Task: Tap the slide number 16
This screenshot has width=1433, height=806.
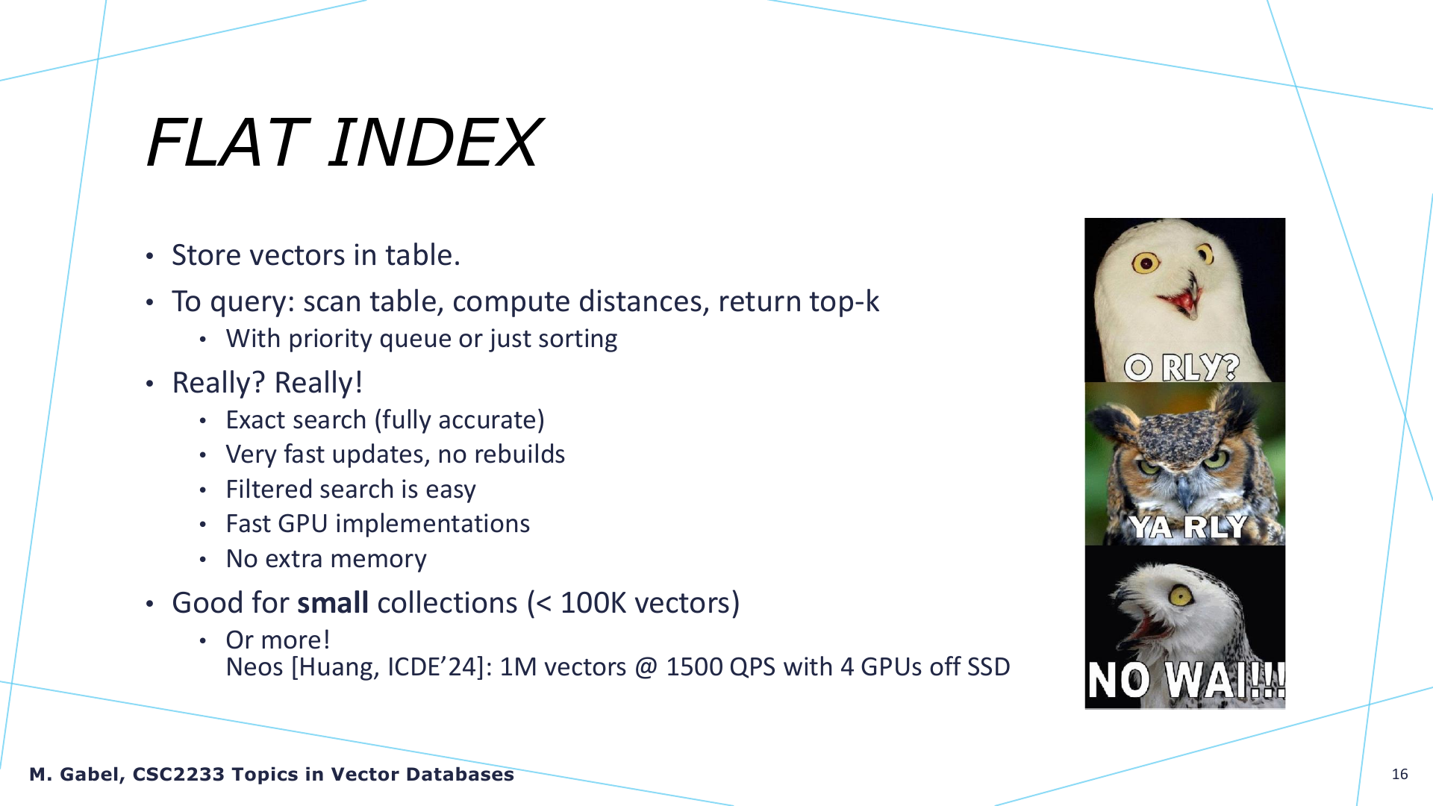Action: pos(1399,775)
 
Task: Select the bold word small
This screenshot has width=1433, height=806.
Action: pos(333,603)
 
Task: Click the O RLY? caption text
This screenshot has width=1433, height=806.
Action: pos(1181,367)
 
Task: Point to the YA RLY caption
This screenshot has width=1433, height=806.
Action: pos(1187,527)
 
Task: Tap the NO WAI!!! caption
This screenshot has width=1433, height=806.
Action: pos(1186,681)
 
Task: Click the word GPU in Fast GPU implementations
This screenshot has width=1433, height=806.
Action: pos(302,524)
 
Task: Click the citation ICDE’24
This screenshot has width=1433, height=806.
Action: pos(432,667)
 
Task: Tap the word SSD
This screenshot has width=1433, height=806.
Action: pos(988,667)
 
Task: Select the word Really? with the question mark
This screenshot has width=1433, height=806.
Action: pos(219,383)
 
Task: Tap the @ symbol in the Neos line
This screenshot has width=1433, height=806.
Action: pos(646,668)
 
